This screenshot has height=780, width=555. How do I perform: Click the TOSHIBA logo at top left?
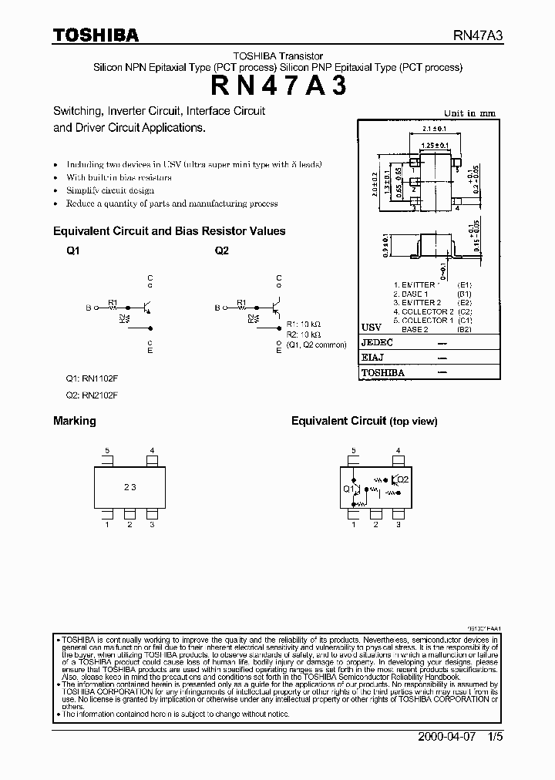[x=96, y=35]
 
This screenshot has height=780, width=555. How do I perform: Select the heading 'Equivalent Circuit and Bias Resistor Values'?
[x=169, y=230]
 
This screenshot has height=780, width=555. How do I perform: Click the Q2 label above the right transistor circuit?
[x=222, y=251]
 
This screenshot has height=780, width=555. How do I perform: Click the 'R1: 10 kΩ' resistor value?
[x=304, y=324]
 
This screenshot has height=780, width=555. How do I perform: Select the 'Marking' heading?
[x=75, y=421]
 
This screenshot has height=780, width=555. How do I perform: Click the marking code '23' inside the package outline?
[x=129, y=487]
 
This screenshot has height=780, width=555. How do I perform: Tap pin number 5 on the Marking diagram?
[x=108, y=450]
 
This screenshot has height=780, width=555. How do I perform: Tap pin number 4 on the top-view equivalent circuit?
[x=398, y=450]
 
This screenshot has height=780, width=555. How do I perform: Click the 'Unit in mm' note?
[x=471, y=113]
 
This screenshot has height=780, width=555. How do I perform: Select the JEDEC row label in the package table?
[x=377, y=342]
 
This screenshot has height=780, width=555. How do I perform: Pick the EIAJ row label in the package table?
[x=373, y=358]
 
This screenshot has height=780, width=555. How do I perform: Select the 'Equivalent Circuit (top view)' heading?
[x=364, y=421]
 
